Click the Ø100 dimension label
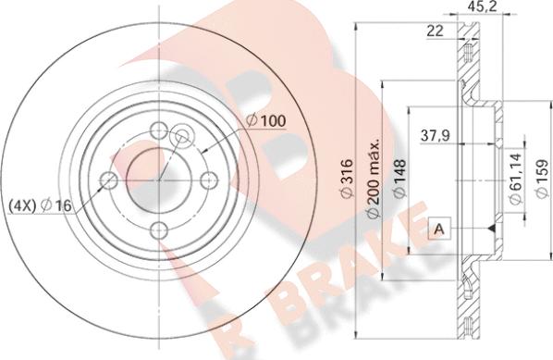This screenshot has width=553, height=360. coord(266,121)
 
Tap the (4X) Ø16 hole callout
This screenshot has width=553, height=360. coord(41,205)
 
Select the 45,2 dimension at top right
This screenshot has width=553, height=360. coord(483,6)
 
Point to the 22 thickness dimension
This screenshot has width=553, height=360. coord(435,31)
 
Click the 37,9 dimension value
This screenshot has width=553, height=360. coord(436,136)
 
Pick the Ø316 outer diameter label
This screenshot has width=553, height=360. coord(347,179)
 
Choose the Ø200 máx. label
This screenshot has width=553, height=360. coord(372,179)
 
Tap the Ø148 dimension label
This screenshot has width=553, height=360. coord(399,179)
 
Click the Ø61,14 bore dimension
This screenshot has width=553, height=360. coord(516,179)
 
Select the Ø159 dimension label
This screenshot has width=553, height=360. coord(542,179)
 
